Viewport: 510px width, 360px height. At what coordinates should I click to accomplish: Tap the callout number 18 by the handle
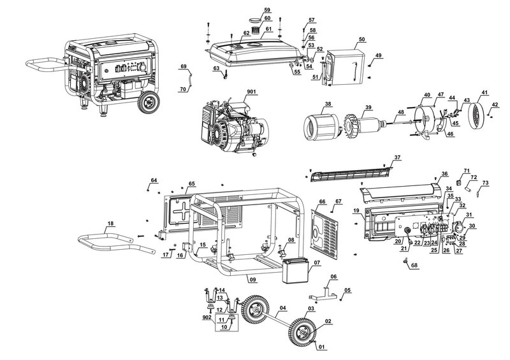[x=111, y=224]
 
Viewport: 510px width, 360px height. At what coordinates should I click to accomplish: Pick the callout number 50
[x=361, y=40]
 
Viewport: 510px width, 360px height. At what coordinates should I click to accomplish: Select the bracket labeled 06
[x=322, y=294]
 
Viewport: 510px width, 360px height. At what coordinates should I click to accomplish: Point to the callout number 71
[x=466, y=171]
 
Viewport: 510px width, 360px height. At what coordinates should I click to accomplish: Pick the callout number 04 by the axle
[x=281, y=308]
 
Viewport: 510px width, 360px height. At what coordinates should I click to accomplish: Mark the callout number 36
[x=444, y=175]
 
